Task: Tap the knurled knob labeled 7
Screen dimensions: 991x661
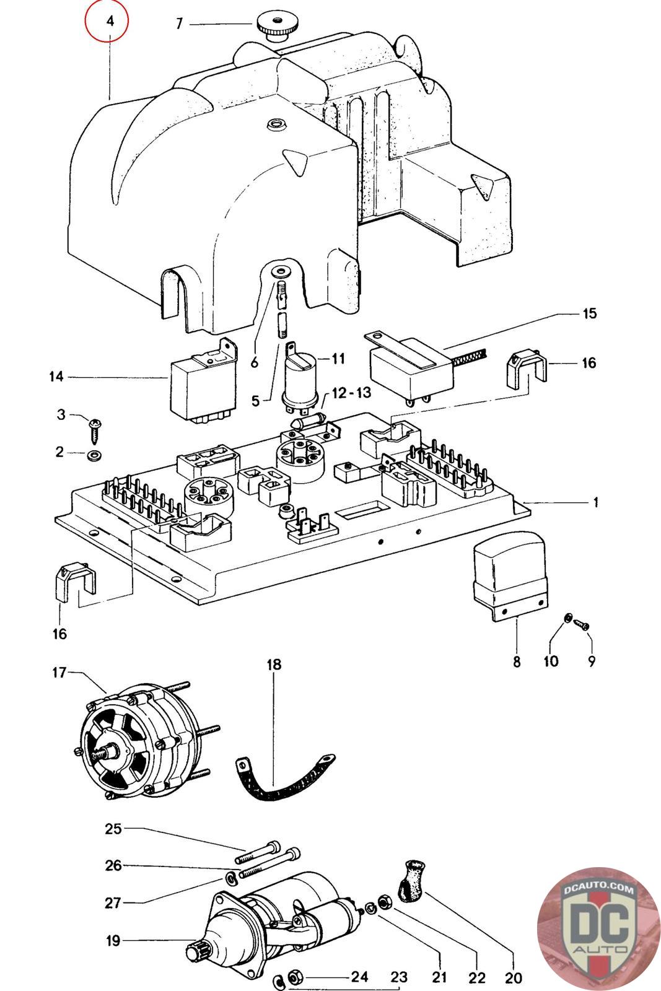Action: point(273,27)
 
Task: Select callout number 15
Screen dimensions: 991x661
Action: point(590,313)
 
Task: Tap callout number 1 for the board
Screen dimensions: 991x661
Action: point(595,502)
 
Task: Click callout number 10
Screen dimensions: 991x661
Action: point(550,661)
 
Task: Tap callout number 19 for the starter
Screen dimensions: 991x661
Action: point(113,941)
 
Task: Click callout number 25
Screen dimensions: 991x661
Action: point(113,829)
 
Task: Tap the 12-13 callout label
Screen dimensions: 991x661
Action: point(351,393)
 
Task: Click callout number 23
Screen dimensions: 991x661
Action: point(399,977)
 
